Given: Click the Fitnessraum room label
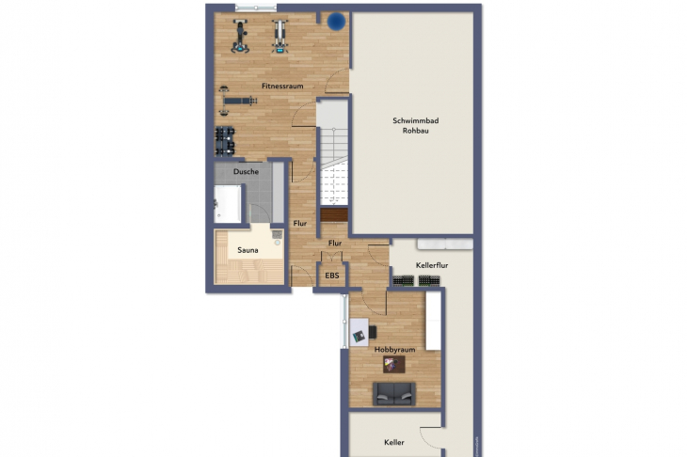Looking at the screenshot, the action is pyautogui.click(x=282, y=87).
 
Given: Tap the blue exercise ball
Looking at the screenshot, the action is pyautogui.click(x=337, y=22).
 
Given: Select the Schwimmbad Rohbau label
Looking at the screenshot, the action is pyautogui.click(x=415, y=126).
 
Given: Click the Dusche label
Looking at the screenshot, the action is pyautogui.click(x=246, y=171).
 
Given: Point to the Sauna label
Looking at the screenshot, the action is pyautogui.click(x=248, y=250).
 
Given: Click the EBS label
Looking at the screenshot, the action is pyautogui.click(x=332, y=276).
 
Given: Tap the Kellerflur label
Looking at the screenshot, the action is pyautogui.click(x=432, y=265).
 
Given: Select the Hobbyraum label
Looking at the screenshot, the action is pyautogui.click(x=394, y=350).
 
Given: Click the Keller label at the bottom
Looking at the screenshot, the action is pyautogui.click(x=394, y=443).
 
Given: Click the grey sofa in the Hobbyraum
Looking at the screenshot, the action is pyautogui.click(x=394, y=394).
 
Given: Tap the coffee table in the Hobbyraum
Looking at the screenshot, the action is pyautogui.click(x=394, y=364).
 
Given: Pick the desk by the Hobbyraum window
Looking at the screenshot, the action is pyautogui.click(x=359, y=332).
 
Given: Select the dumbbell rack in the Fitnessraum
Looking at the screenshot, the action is pyautogui.click(x=225, y=141).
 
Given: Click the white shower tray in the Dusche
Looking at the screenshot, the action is pyautogui.click(x=228, y=204).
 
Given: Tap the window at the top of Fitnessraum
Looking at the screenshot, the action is pyautogui.click(x=255, y=8).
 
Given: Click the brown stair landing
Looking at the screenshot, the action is pyautogui.click(x=334, y=215).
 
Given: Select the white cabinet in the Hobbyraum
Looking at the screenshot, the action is pyautogui.click(x=433, y=321).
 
